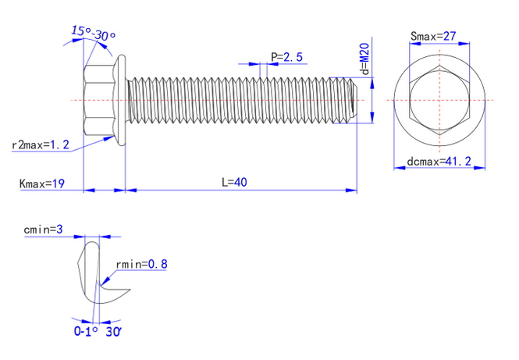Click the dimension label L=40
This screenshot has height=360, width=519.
[x=234, y=182]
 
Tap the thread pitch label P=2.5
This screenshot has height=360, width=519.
[x=286, y=56]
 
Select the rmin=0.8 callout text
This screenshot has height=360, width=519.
[x=141, y=264]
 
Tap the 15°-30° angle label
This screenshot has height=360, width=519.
[x=94, y=34]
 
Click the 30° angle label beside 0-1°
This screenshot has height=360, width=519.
[x=112, y=331]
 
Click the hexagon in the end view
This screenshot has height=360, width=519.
[x=440, y=101]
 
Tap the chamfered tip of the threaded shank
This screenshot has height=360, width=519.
[x=352, y=99]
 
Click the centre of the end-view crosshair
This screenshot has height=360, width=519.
[x=440, y=101]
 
